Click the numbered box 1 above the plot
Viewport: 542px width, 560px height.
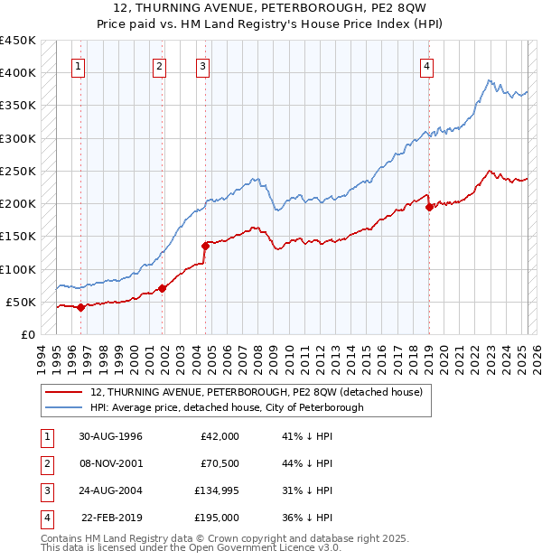79,65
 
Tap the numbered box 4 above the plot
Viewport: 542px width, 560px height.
425,65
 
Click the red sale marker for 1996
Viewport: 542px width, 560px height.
80,307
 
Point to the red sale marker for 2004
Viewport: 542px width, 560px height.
205,246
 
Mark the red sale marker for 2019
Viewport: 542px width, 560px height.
429,207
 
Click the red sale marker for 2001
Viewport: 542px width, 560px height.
163,288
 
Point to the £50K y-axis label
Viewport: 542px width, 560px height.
22,302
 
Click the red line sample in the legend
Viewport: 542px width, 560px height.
63,392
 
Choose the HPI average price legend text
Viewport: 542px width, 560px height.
227,407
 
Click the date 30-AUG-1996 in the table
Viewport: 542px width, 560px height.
110,436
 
